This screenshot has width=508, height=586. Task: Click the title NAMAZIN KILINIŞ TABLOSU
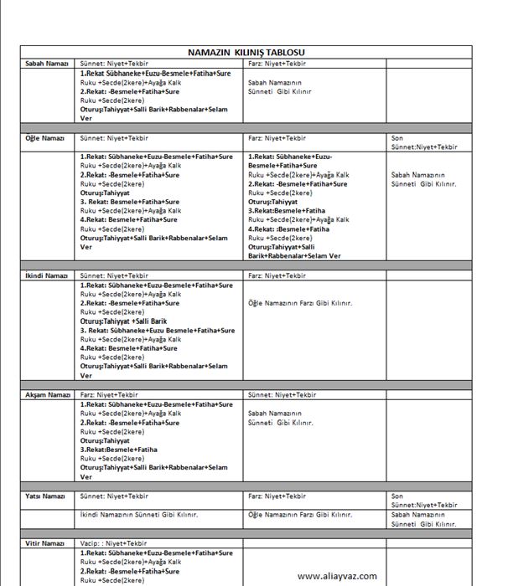[246, 52]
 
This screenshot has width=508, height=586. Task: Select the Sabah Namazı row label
[47, 63]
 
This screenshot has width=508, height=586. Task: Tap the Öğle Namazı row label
[45, 137]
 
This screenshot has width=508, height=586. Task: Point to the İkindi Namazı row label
[46, 275]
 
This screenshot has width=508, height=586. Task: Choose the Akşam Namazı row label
[47, 394]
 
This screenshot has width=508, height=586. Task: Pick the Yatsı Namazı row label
[45, 496]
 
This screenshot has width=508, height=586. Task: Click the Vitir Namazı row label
[45, 543]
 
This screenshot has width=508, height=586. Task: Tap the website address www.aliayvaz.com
[337, 575]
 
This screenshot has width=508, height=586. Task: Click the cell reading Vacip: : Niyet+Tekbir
[113, 543]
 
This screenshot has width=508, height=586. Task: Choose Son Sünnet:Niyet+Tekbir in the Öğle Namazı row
[424, 142]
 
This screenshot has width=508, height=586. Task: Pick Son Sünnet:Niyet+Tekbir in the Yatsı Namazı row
[424, 501]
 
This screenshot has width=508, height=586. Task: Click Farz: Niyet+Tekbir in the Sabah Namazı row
[277, 63]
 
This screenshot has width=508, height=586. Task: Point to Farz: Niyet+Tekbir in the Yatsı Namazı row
[277, 496]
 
